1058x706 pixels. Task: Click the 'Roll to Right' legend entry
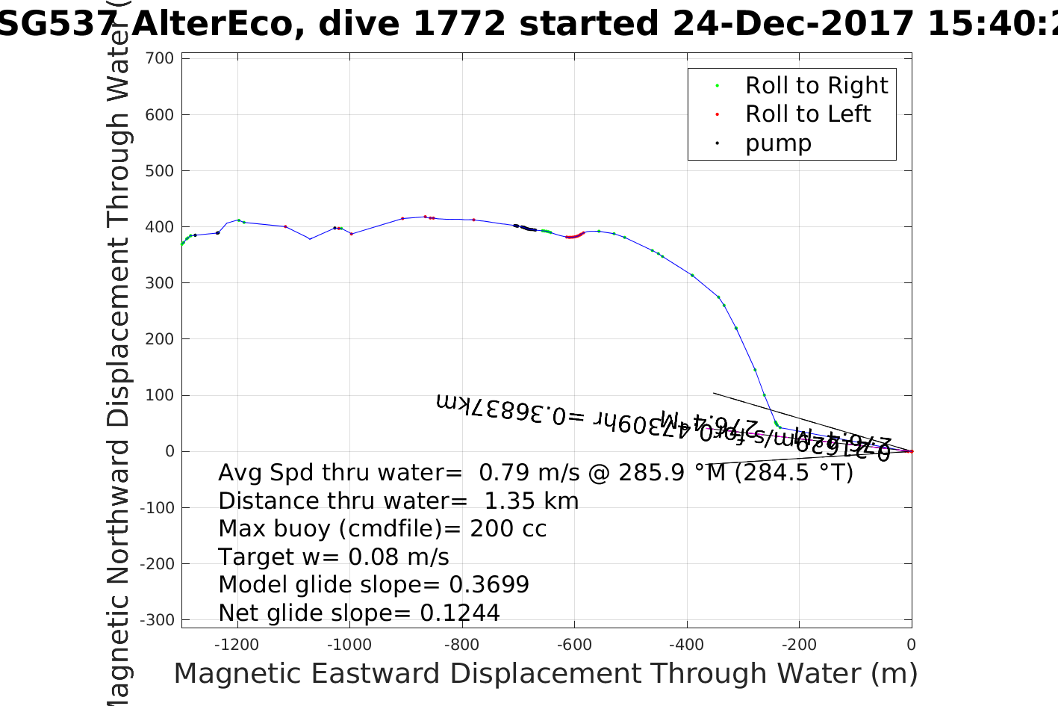click(x=816, y=86)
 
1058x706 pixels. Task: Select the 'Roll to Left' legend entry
click(x=807, y=114)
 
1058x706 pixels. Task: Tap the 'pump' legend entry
click(x=777, y=143)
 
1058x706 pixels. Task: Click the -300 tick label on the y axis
click(x=159, y=620)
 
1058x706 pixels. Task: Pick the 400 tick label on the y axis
click(x=159, y=227)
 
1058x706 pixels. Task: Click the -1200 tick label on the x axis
click(x=237, y=645)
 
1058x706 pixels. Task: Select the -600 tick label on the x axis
click(x=574, y=645)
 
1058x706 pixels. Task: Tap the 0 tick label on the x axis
click(x=911, y=645)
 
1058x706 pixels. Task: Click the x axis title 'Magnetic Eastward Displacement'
click(x=545, y=674)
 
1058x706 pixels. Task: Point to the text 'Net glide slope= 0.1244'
click(x=358, y=613)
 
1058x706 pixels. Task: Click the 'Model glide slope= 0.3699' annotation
click(x=373, y=585)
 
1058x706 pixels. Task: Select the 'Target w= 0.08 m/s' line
click(x=334, y=557)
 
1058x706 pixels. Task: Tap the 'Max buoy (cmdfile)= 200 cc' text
click(x=382, y=529)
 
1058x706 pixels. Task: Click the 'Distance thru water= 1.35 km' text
click(x=398, y=501)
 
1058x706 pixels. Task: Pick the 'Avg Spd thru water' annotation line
click(x=535, y=473)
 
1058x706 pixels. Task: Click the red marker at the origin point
click(x=911, y=451)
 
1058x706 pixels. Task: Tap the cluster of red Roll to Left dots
click(x=573, y=237)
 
